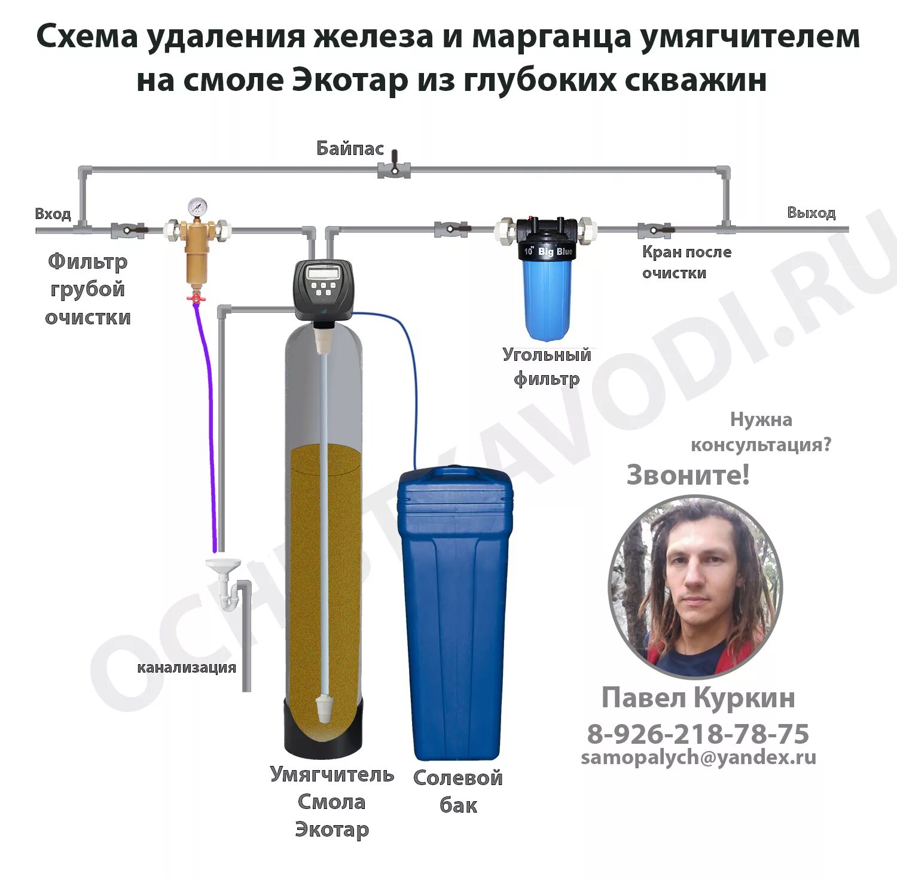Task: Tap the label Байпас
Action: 350,148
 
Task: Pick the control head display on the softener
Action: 323,273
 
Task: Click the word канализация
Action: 187,667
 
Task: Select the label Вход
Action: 53,214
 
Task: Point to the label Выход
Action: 811,212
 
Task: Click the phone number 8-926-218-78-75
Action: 698,734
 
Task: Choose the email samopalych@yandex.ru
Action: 698,758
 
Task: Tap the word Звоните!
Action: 688,475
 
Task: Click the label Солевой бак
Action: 458,791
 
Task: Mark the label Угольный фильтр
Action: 547,366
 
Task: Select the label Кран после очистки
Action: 687,262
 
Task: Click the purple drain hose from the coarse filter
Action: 210,419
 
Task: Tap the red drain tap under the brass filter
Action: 194,297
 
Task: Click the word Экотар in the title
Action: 349,80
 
